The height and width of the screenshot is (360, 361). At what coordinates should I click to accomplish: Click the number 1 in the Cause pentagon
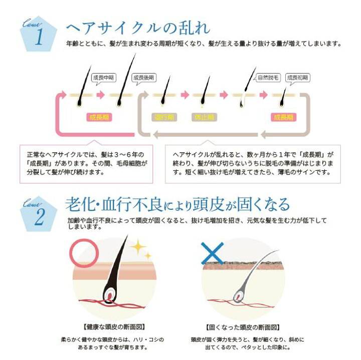[x=39, y=37]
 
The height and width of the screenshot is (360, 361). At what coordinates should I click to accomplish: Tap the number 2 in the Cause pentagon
[x=39, y=217]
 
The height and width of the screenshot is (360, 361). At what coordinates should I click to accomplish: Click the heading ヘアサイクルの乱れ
[x=138, y=29]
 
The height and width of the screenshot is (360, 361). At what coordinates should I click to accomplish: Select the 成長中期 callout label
[x=103, y=78]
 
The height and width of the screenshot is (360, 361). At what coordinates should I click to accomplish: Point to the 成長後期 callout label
[x=144, y=78]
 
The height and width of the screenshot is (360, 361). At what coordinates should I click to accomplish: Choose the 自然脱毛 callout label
[x=268, y=78]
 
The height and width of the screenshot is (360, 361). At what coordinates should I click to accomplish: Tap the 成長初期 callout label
[x=297, y=78]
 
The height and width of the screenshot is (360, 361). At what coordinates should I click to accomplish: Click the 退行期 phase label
[x=164, y=117]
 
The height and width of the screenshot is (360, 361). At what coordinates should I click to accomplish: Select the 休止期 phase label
[x=204, y=117]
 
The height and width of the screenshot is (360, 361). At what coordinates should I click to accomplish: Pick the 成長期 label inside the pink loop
[x=99, y=117]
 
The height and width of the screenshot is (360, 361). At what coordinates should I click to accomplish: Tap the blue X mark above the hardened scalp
[x=212, y=253]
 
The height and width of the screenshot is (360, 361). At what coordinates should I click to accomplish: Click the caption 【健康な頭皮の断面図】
[x=114, y=327]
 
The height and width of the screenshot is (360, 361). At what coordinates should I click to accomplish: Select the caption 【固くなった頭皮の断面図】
[x=243, y=327]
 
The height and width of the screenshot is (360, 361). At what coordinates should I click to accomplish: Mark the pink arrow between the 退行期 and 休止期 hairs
[x=185, y=95]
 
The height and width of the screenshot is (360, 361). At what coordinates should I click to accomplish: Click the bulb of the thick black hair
[x=110, y=295]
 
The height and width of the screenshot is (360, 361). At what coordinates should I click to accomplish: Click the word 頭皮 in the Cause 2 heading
[x=208, y=204]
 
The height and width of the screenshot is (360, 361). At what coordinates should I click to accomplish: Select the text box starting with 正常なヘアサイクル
[x=86, y=164]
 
